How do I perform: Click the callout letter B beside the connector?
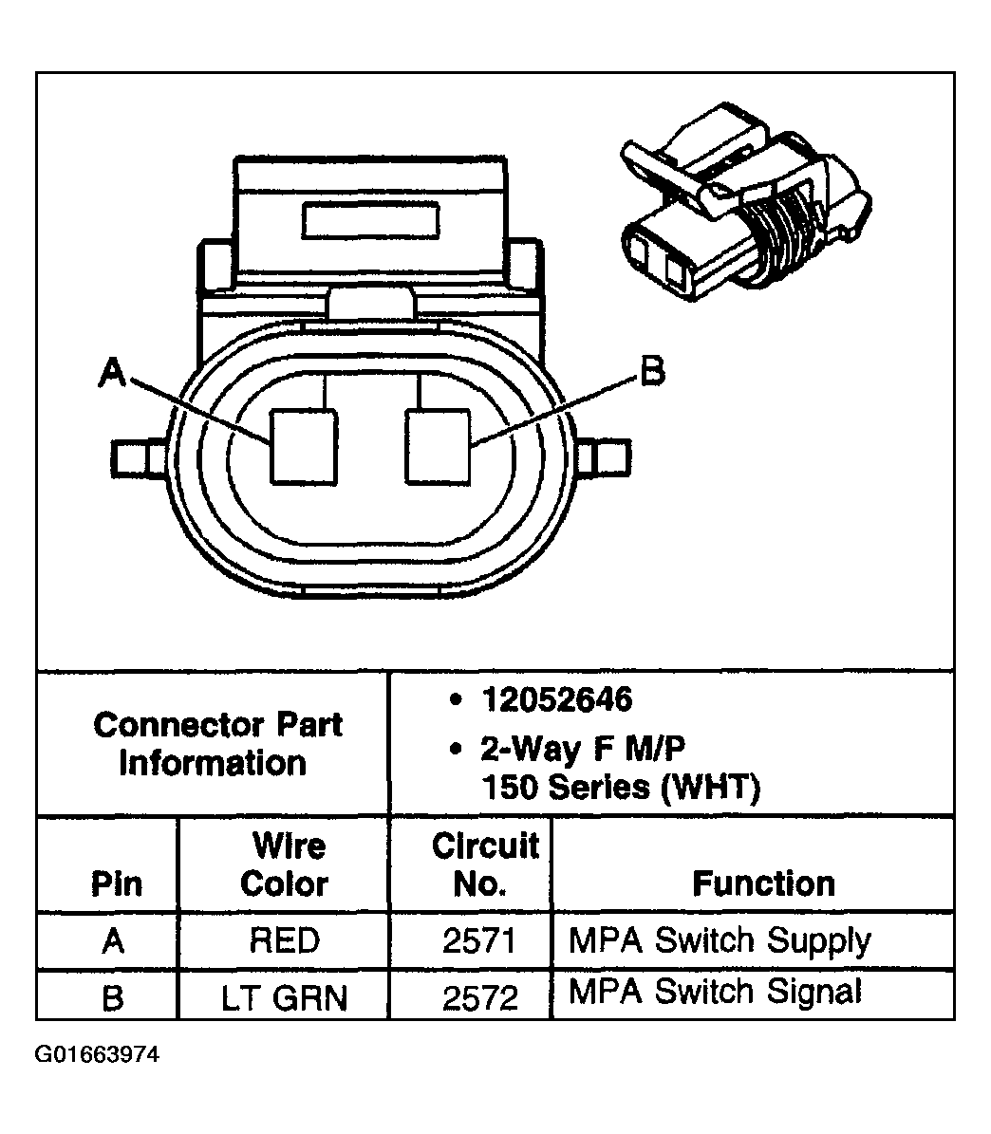pyautogui.click(x=651, y=371)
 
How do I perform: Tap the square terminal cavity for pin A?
pyautogui.click(x=304, y=447)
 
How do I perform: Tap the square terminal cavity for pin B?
pyautogui.click(x=438, y=446)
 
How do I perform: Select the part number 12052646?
pyautogui.click(x=555, y=700)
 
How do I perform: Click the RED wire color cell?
pyautogui.click(x=284, y=940)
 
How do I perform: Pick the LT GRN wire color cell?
pyautogui.click(x=284, y=997)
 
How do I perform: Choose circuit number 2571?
pyautogui.click(x=479, y=940)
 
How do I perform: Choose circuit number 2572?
pyautogui.click(x=479, y=997)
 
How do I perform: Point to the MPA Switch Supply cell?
pyautogui.click(x=719, y=940)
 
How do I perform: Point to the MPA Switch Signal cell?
pyautogui.click(x=715, y=992)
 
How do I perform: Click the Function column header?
pyautogui.click(x=763, y=883)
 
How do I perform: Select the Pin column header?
pyautogui.click(x=116, y=884)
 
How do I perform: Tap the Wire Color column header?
pyautogui.click(x=284, y=864)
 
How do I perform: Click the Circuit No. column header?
pyautogui.click(x=483, y=864)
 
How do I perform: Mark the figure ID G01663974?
pyautogui.click(x=98, y=1055)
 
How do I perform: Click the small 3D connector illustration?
pyautogui.click(x=743, y=211)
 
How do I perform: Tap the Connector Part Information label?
pyautogui.click(x=216, y=744)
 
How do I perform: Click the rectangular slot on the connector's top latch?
pyautogui.click(x=371, y=220)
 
